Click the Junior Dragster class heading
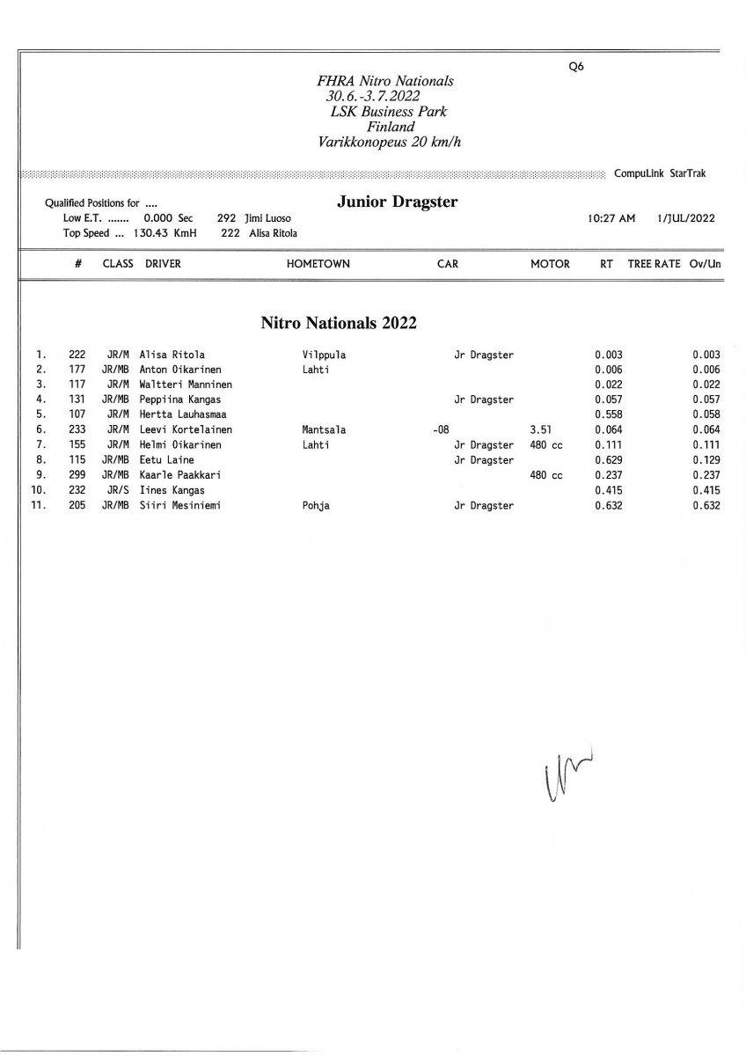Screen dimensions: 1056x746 click(397, 202)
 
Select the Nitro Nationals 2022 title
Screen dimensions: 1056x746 click(339, 323)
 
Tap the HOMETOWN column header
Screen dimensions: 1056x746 click(318, 263)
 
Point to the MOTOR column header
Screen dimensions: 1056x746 click(550, 263)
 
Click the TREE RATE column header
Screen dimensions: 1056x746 click(654, 263)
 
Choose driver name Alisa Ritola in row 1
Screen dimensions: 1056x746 click(172, 355)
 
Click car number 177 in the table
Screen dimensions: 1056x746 click(77, 370)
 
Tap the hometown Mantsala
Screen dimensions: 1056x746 click(324, 430)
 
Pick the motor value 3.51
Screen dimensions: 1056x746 click(541, 430)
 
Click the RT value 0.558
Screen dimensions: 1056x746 click(608, 414)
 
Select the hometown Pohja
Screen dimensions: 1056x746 click(316, 505)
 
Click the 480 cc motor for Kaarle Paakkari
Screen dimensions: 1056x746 click(545, 475)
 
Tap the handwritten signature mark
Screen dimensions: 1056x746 click(563, 775)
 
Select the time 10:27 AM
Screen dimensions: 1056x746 click(611, 218)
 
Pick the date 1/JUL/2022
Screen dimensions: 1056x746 click(685, 218)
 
